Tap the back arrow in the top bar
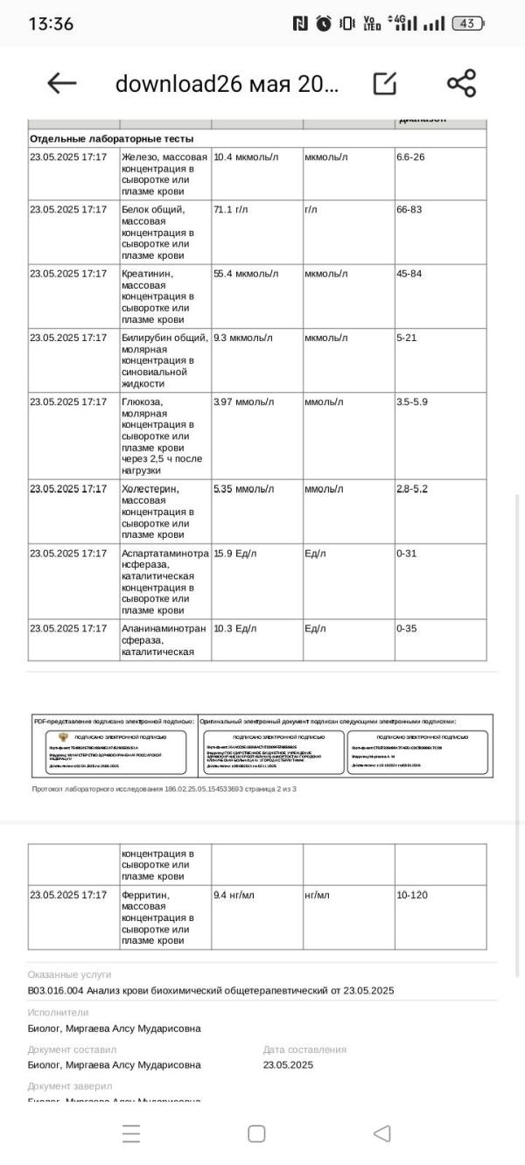[x=62, y=83]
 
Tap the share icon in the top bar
[x=461, y=83]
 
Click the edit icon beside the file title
[x=384, y=83]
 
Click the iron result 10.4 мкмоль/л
[x=246, y=157]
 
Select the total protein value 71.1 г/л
[x=231, y=209]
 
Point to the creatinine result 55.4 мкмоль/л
[x=246, y=274]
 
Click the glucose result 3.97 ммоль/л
[x=243, y=401]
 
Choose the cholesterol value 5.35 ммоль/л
[x=243, y=489]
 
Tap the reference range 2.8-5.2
[x=412, y=489]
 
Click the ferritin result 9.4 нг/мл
[x=233, y=895]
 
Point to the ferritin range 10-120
[x=412, y=895]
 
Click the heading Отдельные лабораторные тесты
[x=111, y=138]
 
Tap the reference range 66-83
[x=409, y=209]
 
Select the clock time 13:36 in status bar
[x=51, y=24]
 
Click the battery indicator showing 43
[x=467, y=24]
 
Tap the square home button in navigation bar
[x=256, y=1134]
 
